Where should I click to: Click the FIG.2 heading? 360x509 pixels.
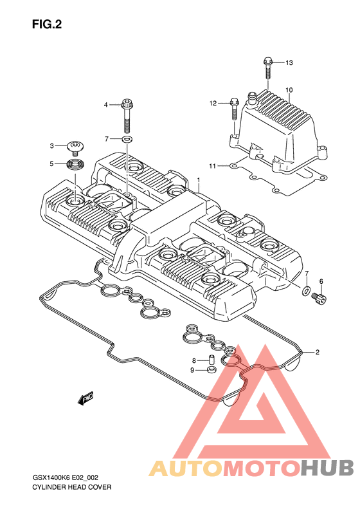click(47, 24)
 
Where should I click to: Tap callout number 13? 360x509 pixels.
click(289, 62)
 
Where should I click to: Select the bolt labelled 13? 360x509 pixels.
click(268, 68)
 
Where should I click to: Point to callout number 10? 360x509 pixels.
click(289, 90)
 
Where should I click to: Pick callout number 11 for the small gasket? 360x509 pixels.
click(212, 166)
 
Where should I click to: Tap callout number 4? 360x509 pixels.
click(105, 105)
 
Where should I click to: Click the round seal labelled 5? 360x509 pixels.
click(75, 164)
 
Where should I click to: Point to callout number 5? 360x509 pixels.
click(51, 164)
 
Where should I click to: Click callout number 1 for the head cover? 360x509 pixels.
click(198, 180)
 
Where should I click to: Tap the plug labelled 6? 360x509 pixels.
click(319, 299)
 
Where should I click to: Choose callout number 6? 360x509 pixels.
click(321, 281)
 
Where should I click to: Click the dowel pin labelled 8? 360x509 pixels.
click(212, 360)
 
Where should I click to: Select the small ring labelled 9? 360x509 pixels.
click(212, 370)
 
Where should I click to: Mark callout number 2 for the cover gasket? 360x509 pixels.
click(318, 352)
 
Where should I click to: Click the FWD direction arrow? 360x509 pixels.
click(86, 398)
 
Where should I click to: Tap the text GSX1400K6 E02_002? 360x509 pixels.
click(65, 478)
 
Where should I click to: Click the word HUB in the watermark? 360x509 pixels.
click(327, 468)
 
